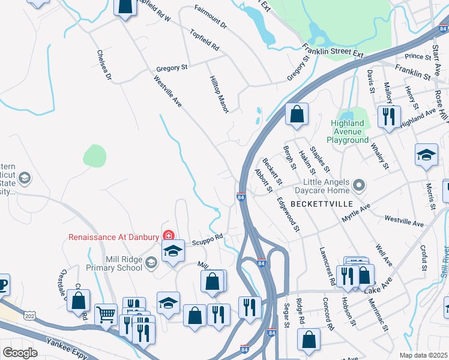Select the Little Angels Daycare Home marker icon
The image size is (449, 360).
pos(359,184)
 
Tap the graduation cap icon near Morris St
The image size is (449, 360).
pos(426,154)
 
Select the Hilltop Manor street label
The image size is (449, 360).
pos(219,92)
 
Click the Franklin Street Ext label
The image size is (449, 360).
pos(333,52)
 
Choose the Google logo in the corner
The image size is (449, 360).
pos(20,352)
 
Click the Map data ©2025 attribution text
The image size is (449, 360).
pos(423,355)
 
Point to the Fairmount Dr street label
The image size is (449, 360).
pos(211,17)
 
